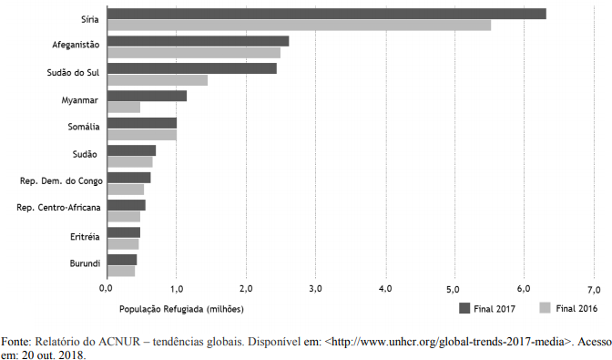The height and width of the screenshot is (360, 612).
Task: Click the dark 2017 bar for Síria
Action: pyautogui.click(x=327, y=14)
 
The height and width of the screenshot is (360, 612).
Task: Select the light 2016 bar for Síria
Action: pyautogui.click(x=299, y=25)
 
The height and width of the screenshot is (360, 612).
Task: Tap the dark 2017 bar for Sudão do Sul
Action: pyautogui.click(x=192, y=68)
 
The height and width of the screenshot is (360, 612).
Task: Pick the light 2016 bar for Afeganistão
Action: pyautogui.click(x=194, y=53)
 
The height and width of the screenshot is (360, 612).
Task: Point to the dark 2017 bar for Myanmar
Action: pyautogui.click(x=147, y=96)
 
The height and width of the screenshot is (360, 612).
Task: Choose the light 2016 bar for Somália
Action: pyautogui.click(x=142, y=135)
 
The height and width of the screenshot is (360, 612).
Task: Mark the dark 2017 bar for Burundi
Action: pyautogui.click(x=122, y=260)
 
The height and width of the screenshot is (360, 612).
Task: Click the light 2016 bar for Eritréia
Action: pyautogui.click(x=123, y=244)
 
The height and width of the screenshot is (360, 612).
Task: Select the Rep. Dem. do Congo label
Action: pyautogui.click(x=61, y=181)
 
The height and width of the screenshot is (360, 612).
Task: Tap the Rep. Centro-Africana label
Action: pyautogui.click(x=58, y=207)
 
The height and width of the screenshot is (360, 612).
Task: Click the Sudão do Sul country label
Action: pyautogui.click(x=73, y=73)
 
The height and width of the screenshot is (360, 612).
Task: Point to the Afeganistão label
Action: pyautogui.click(x=76, y=45)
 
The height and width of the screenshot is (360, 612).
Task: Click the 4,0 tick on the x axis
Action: pyautogui.click(x=385, y=289)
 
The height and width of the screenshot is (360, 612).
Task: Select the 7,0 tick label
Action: pyautogui.click(x=594, y=289)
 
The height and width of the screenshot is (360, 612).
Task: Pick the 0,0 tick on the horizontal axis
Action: pyautogui.click(x=106, y=289)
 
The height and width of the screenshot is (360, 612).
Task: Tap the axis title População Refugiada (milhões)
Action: pyautogui.click(x=181, y=309)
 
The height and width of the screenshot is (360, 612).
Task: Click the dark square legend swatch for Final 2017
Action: pyautogui.click(x=464, y=308)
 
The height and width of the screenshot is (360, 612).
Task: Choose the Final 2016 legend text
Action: pyautogui.click(x=576, y=308)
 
